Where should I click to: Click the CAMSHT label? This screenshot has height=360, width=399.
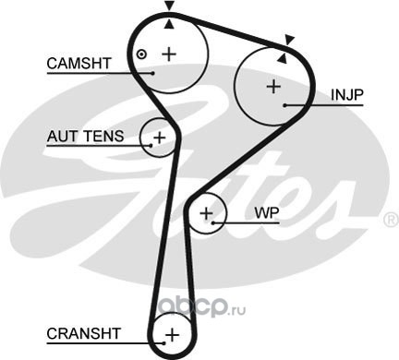(79, 64)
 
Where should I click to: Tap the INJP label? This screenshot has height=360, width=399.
(347, 95)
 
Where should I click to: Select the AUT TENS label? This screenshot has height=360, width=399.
(85, 137)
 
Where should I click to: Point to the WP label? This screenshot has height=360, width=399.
(267, 212)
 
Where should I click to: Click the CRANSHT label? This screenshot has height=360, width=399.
(83, 333)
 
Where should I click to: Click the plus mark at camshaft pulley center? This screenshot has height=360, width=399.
(169, 54)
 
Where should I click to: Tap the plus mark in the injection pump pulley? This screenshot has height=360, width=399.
(273, 87)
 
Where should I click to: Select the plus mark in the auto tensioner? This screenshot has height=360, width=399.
(160, 138)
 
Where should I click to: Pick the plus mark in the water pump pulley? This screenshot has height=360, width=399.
(206, 213)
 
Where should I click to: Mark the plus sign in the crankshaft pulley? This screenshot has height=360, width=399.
(173, 334)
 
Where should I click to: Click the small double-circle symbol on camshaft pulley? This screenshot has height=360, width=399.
(141, 54)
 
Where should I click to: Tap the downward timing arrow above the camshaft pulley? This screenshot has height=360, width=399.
(169, 6)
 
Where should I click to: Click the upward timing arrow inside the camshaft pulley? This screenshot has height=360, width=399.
(169, 24)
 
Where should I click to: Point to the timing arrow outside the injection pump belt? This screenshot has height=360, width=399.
(289, 40)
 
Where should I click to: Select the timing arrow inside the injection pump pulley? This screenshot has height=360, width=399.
(283, 58)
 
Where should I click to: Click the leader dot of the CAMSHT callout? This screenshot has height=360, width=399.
(152, 73)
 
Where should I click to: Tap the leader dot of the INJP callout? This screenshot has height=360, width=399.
(285, 105)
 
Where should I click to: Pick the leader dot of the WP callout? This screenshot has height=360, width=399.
(213, 222)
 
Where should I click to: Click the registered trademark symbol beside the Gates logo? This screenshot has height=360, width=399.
(391, 220)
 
